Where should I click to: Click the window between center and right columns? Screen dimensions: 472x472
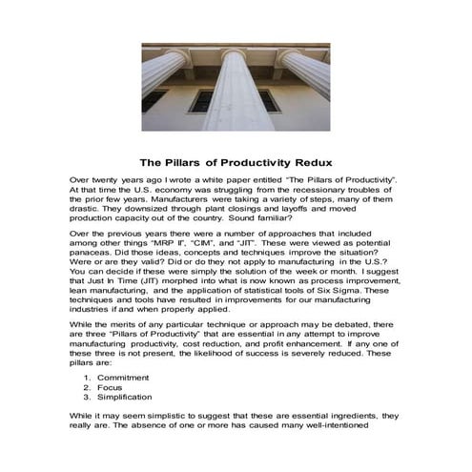click(269, 100)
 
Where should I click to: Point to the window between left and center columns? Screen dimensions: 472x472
click(200, 101)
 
